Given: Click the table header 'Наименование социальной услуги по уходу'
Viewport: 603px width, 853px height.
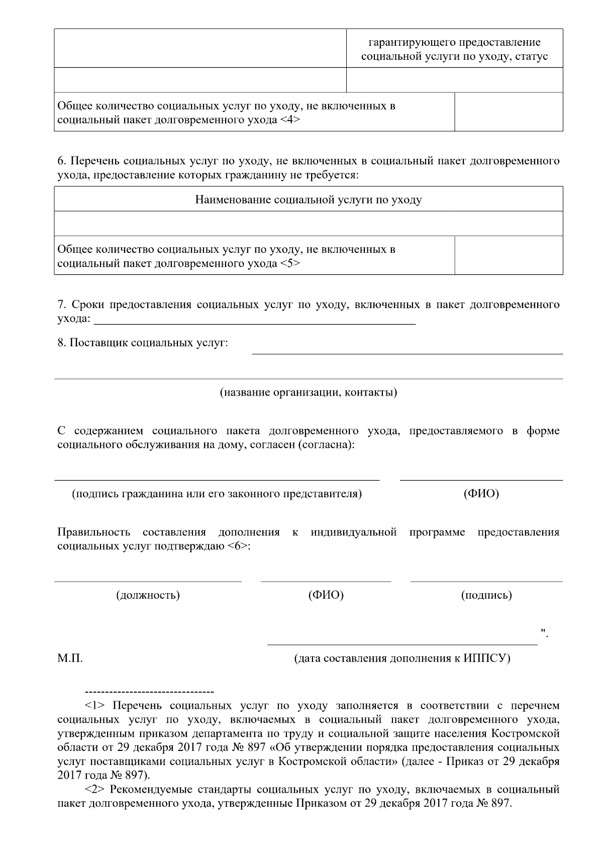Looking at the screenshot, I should point(308,200).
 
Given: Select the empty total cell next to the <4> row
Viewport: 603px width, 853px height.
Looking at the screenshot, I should point(508,112).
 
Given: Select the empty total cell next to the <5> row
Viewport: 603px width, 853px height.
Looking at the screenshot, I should point(508,255).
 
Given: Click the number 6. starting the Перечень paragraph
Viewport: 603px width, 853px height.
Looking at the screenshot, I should point(62,162).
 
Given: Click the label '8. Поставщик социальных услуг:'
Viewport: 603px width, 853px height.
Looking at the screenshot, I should point(143,343).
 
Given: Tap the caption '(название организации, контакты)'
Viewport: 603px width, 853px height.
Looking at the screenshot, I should point(308,393).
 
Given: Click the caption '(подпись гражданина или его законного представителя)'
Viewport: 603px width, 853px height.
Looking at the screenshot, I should point(217,494).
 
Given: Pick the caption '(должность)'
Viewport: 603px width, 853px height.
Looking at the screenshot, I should point(148,596).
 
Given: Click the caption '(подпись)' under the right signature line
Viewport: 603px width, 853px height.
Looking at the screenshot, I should point(486,596).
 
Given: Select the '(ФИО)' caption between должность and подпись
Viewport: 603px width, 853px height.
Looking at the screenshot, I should point(326,596).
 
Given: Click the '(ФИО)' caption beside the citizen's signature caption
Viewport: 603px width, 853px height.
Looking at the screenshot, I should point(481,494).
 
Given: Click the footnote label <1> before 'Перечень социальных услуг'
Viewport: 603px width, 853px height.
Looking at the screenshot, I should point(95,706).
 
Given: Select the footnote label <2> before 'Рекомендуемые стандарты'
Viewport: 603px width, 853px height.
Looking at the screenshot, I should point(95,790).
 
